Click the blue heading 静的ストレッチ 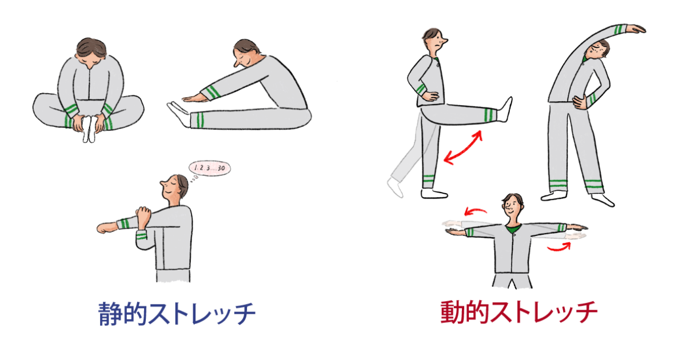click(177, 314)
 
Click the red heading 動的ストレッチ click(519, 312)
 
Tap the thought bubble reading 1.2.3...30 click(209, 168)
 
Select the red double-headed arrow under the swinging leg click(463, 148)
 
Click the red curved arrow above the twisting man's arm click(475, 211)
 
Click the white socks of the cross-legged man click(89, 129)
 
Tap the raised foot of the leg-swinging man click(504, 110)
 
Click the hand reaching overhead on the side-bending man click(635, 29)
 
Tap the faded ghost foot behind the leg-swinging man click(395, 187)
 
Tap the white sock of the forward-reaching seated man click(179, 114)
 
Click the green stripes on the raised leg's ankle click(490, 115)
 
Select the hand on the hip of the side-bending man click(580, 102)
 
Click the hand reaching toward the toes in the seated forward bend click(194, 98)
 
